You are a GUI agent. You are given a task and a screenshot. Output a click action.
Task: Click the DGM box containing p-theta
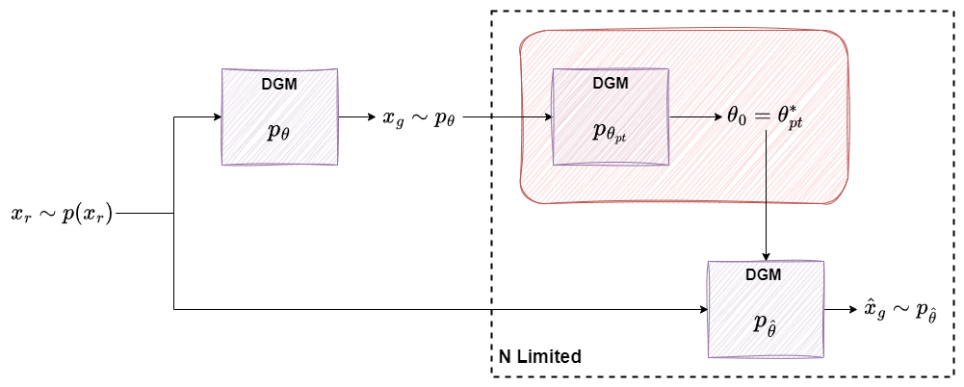pyautogui.click(x=280, y=117)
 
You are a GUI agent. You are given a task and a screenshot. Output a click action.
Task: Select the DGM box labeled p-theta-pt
pyautogui.click(x=610, y=117)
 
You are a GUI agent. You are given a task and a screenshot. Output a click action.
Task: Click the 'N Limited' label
pyautogui.click(x=539, y=356)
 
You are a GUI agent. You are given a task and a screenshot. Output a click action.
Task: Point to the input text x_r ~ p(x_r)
pyautogui.click(x=62, y=214)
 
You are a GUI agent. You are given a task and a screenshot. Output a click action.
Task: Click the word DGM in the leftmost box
pyautogui.click(x=279, y=84)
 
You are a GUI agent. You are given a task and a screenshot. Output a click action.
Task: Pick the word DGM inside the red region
pyautogui.click(x=610, y=83)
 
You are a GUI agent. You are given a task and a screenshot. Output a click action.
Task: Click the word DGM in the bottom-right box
pyautogui.click(x=765, y=274)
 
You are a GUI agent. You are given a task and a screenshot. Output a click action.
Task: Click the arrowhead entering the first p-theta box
pyautogui.click(x=216, y=117)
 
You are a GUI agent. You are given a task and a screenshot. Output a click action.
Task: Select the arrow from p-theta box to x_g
pyautogui.click(x=357, y=117)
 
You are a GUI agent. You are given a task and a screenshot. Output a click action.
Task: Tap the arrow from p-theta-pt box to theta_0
pyautogui.click(x=693, y=117)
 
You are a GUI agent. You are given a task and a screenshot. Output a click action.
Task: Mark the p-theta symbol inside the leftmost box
pyautogui.click(x=279, y=132)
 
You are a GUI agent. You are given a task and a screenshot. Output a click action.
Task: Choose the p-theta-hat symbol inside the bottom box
pyautogui.click(x=765, y=324)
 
